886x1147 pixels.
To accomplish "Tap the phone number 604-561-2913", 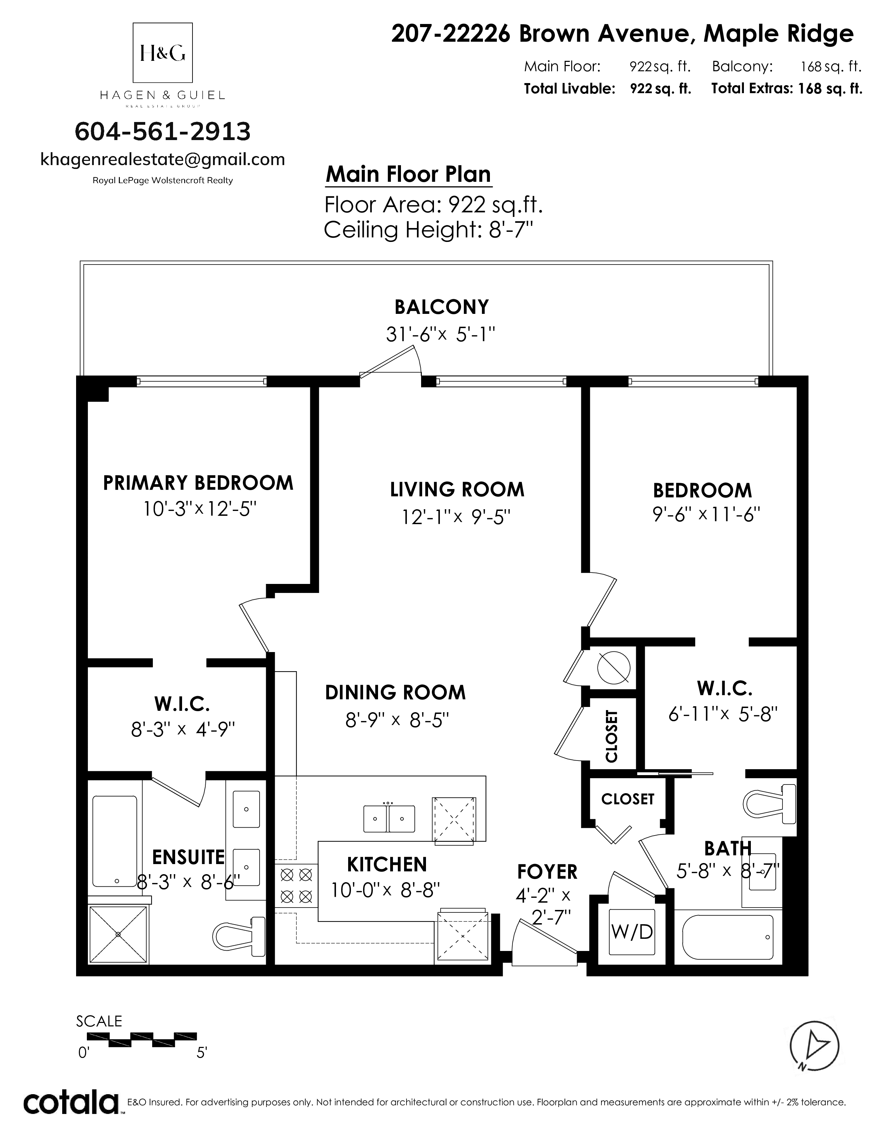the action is [163, 131].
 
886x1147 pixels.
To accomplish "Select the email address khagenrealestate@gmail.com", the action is [163, 160].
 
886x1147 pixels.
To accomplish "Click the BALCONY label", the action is [441, 307].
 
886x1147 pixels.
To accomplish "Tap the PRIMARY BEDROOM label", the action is [198, 483].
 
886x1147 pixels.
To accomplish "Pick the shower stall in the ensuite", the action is [118, 934].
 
